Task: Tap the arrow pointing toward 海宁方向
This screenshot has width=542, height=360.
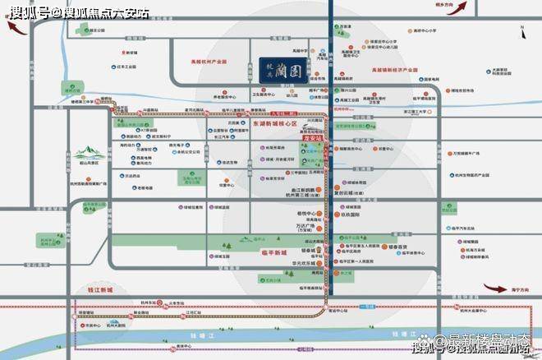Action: pos(497,288)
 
